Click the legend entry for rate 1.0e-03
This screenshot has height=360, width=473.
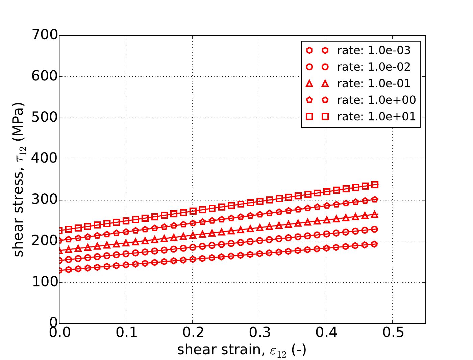374,50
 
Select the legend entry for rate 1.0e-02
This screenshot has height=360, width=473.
374,67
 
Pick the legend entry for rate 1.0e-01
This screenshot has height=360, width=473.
374,83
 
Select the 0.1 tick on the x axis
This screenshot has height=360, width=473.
126,333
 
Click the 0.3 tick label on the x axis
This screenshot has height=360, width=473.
259,333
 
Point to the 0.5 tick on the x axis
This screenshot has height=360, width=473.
392,333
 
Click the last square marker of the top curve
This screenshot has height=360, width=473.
375,185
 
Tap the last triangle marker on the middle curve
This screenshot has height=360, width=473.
375,214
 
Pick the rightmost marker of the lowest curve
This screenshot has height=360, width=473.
374,244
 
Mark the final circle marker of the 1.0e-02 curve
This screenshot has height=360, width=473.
374,229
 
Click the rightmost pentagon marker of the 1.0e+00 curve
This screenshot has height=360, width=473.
375,199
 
